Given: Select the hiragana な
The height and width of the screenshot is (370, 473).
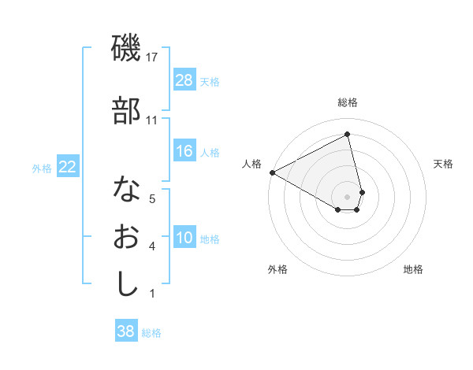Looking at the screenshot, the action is tap(126, 188).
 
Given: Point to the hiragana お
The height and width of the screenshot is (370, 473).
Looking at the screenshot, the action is tap(126, 236).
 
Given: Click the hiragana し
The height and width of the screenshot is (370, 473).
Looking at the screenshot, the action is tap(126, 283).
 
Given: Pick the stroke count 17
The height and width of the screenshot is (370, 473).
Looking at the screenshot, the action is tap(153, 58).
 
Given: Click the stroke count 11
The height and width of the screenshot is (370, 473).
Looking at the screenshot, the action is tap(152, 120).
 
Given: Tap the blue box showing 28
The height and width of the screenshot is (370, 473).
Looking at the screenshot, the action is tap(184, 80).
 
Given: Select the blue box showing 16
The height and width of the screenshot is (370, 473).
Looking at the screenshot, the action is tap(184, 151).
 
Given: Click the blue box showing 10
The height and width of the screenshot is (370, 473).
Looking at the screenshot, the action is tap(184, 238).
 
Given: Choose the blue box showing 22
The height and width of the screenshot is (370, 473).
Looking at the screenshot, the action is tap(68, 166).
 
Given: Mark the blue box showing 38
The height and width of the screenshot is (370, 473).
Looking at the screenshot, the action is tap(126, 331).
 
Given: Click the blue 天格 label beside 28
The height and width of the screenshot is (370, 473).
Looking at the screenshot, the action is tap(210, 81).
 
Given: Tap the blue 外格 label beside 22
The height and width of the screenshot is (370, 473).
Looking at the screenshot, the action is tap(42, 168).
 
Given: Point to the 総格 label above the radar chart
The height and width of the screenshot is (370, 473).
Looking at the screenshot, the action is tap(348, 102).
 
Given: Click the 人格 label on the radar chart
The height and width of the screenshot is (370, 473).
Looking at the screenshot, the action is tap(252, 164).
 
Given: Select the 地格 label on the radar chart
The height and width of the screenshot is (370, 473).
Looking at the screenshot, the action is tap(413, 269).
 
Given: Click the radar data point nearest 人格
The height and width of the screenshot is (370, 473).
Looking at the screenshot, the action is tap(272, 172).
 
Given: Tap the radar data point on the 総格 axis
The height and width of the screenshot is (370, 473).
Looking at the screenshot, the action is tap(348, 134).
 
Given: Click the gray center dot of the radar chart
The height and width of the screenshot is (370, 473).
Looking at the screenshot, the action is tap(348, 196).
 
